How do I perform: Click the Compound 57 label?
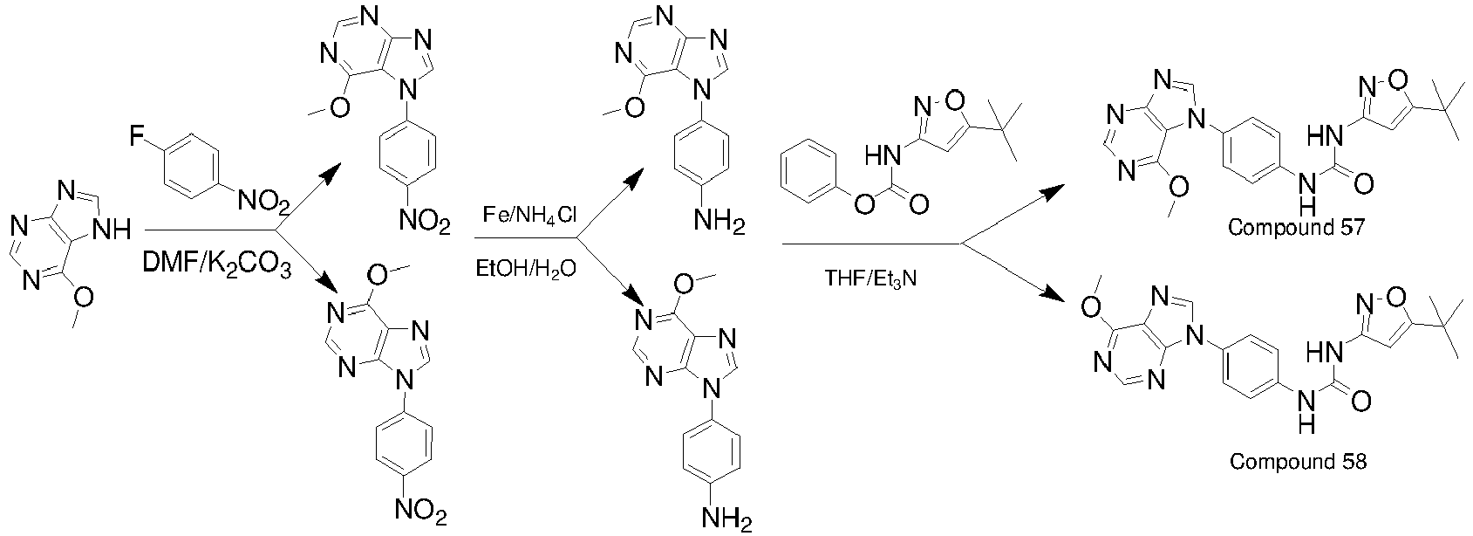click(x=1289, y=229)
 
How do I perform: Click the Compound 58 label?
click(x=1298, y=460)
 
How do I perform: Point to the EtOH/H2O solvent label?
click(x=525, y=268)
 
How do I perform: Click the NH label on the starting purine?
click(x=111, y=230)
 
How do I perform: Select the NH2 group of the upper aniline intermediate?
click(x=719, y=226)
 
